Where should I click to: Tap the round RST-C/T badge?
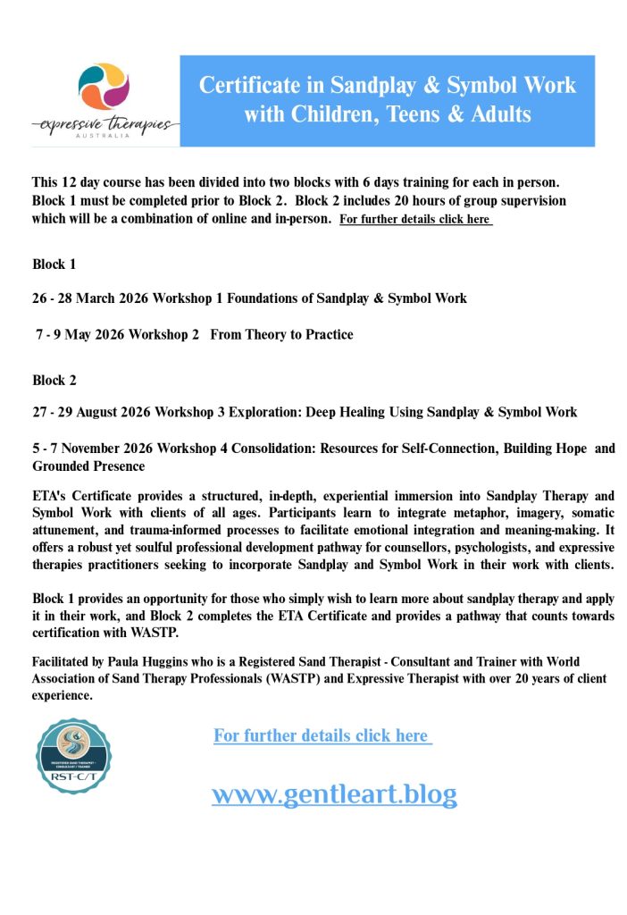73,756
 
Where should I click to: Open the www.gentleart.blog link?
334,793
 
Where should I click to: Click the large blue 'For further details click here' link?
322,735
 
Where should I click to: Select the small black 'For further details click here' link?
415,219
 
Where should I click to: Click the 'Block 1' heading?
54,264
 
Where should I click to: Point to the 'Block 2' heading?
54,381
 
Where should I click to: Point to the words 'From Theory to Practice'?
281,335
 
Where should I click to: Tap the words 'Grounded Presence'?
88,466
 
